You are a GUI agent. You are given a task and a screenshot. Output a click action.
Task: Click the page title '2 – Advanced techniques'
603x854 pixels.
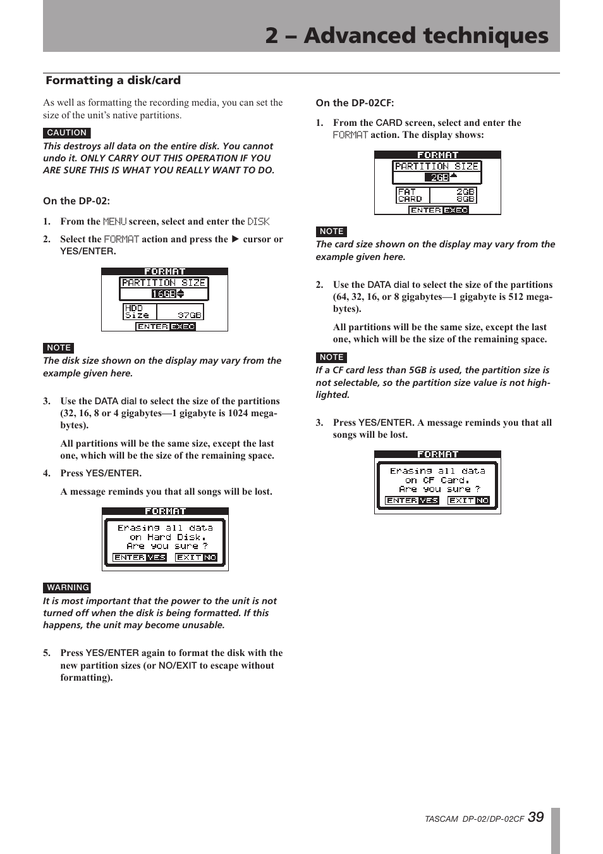pos(406,35)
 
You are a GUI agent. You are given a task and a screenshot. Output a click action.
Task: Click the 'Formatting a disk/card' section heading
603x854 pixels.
pos(113,80)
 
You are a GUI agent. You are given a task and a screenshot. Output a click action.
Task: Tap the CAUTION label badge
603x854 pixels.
pos(67,133)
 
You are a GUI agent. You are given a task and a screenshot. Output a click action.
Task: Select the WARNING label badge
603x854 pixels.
pos(67,588)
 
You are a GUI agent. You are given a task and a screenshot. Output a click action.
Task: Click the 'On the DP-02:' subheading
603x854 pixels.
pos(76,201)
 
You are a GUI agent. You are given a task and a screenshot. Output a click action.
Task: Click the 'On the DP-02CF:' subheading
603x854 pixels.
pos(355,103)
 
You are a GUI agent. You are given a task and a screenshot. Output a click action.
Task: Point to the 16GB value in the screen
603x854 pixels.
pos(164,294)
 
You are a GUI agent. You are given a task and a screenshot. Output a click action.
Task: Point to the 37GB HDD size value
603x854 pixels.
pos(189,314)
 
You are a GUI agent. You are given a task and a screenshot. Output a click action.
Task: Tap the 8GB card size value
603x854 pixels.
pos(465,199)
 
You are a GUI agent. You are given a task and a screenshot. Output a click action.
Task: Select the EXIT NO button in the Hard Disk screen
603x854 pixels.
pos(196,557)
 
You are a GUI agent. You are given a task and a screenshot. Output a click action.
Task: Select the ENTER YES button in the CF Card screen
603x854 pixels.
pos(411,500)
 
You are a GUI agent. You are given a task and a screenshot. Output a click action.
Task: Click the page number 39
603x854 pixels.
pos(535,817)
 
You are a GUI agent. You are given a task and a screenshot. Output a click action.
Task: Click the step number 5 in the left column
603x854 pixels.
pos(46,653)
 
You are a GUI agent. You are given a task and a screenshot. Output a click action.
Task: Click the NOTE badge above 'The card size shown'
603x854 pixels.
pos(331,232)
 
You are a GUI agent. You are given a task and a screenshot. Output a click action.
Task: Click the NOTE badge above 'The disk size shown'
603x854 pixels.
pos(59,348)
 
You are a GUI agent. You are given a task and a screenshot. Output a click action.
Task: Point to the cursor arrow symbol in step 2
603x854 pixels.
pos(235,239)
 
